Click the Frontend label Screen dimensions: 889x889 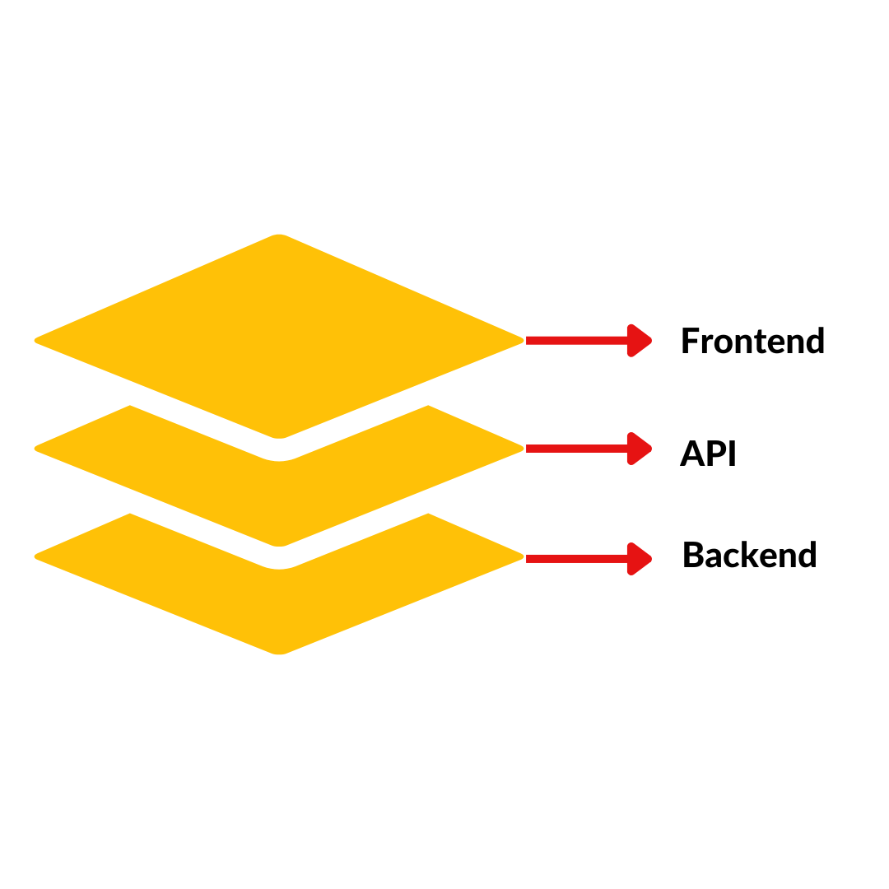click(x=752, y=342)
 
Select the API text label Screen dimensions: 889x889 click(x=708, y=454)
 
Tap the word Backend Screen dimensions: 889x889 click(x=749, y=556)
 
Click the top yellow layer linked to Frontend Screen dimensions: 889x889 click(x=279, y=337)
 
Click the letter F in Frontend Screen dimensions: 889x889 click(x=690, y=342)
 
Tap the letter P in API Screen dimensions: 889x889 click(x=713, y=454)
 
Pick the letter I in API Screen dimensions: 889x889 click(x=731, y=454)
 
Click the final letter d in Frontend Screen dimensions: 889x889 click(x=814, y=341)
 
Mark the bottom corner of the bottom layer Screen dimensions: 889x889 click(x=279, y=653)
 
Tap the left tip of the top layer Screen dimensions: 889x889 click(x=37, y=340)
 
